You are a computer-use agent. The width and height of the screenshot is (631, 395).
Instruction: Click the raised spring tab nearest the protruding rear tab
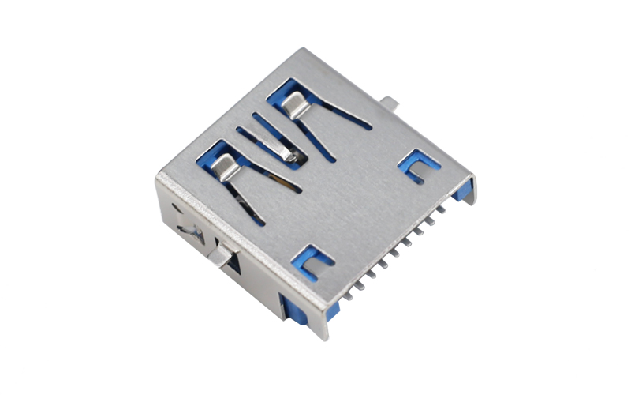tap(293, 103)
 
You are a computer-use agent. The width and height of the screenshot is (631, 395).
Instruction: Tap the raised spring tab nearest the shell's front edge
tap(225, 167)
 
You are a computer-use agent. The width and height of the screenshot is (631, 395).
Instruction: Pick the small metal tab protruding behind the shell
tap(388, 103)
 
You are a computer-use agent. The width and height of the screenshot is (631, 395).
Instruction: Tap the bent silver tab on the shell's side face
tap(222, 254)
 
